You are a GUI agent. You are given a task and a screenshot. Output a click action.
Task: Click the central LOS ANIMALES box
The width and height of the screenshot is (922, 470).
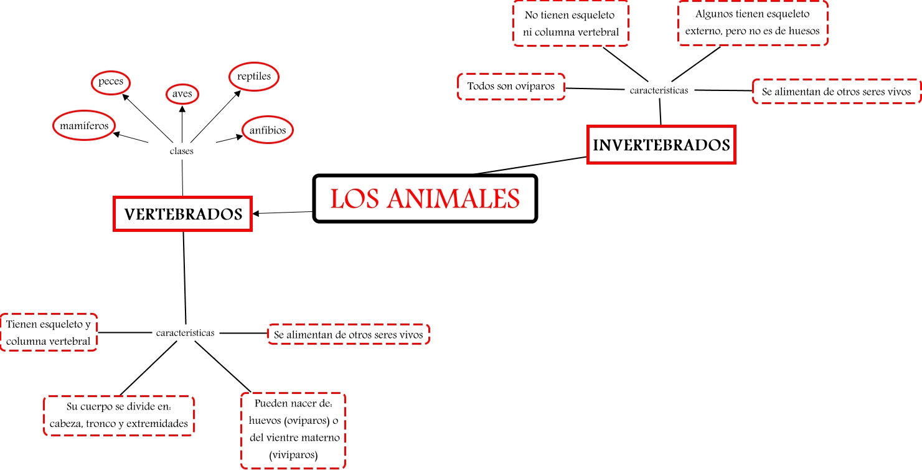click(x=425, y=198)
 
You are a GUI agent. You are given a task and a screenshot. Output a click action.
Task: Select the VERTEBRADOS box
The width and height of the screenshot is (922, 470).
click(x=182, y=214)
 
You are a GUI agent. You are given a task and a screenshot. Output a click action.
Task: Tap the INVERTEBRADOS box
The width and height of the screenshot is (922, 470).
click(x=661, y=145)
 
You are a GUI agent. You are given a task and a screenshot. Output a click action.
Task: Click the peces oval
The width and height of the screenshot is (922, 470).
click(x=111, y=82)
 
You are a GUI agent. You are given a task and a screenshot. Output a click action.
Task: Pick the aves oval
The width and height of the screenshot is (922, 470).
click(x=182, y=94)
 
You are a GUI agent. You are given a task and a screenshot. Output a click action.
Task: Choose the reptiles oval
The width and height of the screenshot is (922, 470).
click(x=253, y=77)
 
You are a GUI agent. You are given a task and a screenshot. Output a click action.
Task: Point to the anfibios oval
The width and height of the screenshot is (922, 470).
click(x=267, y=131)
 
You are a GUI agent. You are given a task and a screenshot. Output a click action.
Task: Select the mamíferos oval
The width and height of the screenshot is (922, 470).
click(x=84, y=126)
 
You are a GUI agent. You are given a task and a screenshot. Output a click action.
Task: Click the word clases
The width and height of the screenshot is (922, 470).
click(x=182, y=151)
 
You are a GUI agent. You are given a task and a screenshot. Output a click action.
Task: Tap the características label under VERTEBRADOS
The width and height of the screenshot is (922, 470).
click(x=186, y=333)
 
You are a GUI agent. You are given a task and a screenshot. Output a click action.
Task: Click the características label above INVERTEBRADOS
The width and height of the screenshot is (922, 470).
click(x=659, y=90)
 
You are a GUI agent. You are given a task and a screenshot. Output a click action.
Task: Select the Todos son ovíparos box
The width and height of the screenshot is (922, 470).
click(x=511, y=87)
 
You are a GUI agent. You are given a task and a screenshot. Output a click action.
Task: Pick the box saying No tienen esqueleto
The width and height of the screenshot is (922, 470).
click(x=571, y=23)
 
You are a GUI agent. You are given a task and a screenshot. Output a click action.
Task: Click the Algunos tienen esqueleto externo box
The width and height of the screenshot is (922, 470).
click(x=752, y=22)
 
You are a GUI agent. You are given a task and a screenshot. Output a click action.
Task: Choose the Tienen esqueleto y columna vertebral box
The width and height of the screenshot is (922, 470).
click(x=49, y=332)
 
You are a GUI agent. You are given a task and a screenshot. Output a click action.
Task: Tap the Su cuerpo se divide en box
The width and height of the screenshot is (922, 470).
click(x=119, y=415)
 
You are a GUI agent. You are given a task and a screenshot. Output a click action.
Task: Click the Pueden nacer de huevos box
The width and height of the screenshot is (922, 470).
click(x=293, y=431)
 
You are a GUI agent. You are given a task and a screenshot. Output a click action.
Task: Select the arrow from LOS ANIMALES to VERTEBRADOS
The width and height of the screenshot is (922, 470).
click(x=283, y=213)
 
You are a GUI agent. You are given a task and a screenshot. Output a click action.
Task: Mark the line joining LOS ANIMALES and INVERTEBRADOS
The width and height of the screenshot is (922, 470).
click(x=529, y=165)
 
